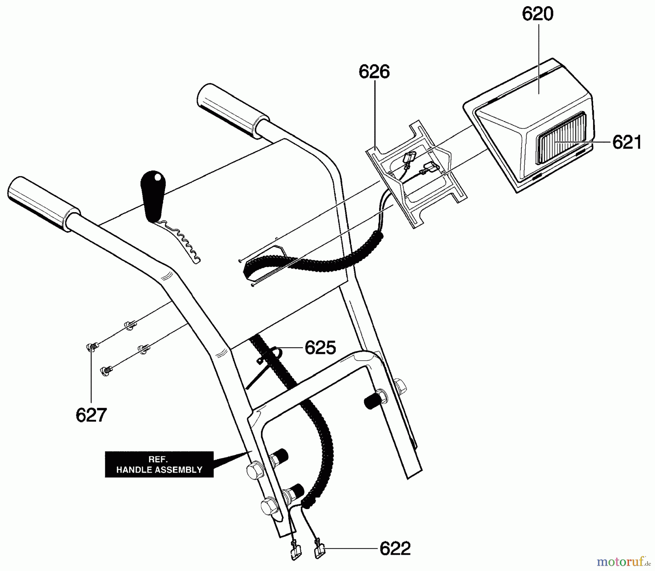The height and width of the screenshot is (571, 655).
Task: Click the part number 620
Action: tap(537, 15)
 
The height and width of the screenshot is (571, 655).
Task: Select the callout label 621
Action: tap(627, 142)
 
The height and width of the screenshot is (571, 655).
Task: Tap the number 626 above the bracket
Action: tap(374, 72)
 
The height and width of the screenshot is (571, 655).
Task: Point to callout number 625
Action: tap(320, 348)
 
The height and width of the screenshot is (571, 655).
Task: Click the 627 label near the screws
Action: tap(91, 415)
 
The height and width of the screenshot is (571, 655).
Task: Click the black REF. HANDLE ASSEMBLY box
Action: tap(159, 464)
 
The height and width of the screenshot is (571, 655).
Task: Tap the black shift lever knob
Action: tap(154, 196)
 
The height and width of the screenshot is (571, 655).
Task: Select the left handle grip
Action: tap(44, 204)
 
